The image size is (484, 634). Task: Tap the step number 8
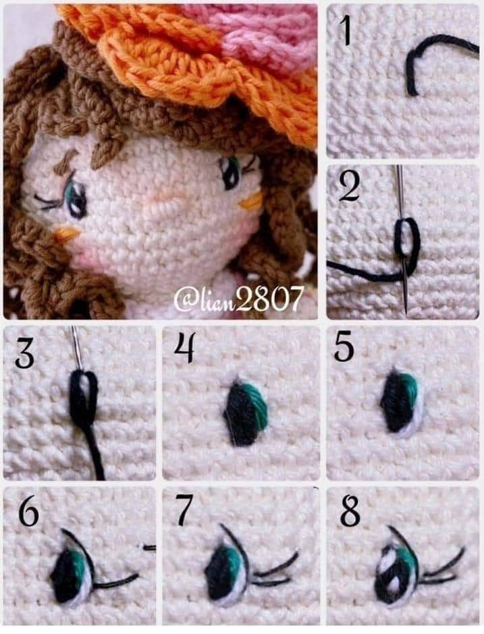(x=350, y=513)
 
